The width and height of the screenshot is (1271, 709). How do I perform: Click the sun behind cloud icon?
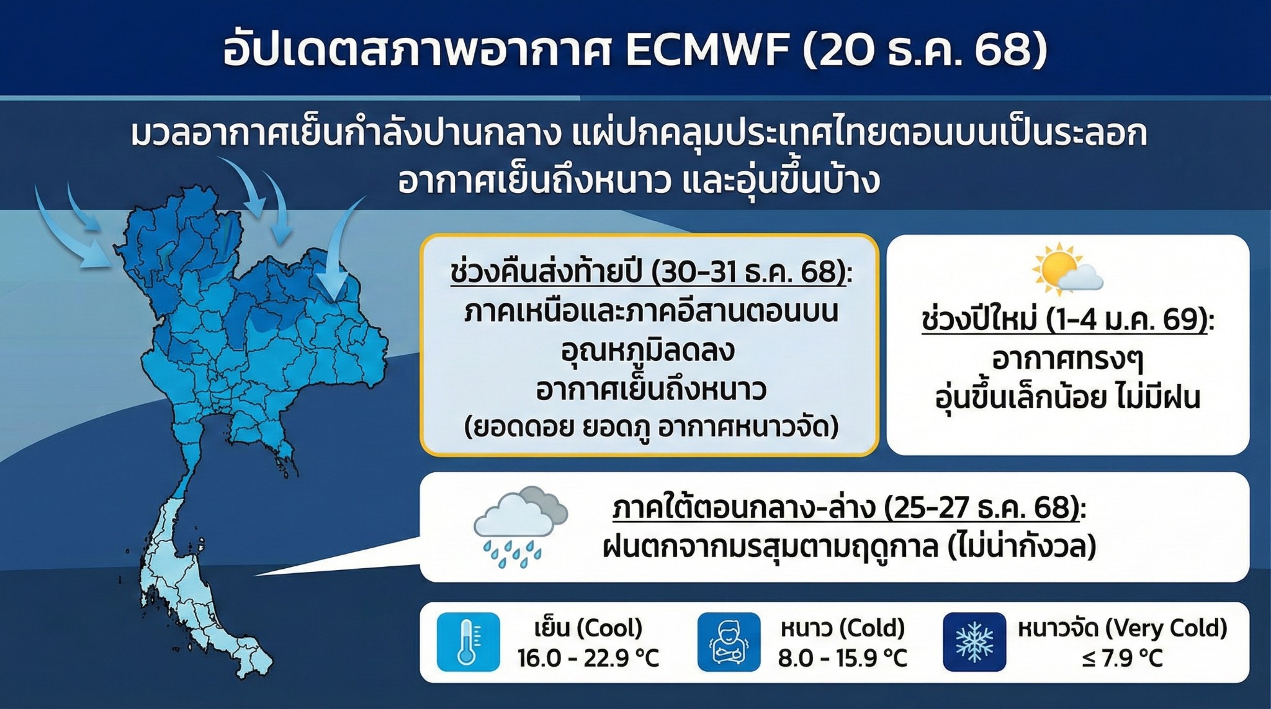pyautogui.click(x=1067, y=269)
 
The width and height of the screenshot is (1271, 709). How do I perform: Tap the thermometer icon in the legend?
pyautogui.click(x=468, y=642)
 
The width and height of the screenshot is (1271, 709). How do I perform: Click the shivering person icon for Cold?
pyautogui.click(x=729, y=642)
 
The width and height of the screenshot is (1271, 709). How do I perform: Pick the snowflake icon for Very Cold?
pyautogui.click(x=974, y=642)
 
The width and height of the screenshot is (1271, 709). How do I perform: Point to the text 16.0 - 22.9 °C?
pyautogui.click(x=588, y=658)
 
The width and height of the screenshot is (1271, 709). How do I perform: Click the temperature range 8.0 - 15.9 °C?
pyautogui.click(x=843, y=658)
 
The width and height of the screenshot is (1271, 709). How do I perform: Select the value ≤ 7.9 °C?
pyautogui.click(x=1122, y=658)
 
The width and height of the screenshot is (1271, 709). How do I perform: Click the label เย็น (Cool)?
pyautogui.click(x=588, y=628)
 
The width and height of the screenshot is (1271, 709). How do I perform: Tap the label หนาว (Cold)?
pyautogui.click(x=843, y=628)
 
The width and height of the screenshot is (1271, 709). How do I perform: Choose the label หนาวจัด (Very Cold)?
pyautogui.click(x=1123, y=628)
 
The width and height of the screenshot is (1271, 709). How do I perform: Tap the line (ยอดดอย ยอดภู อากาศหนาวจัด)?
pyautogui.click(x=651, y=427)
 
